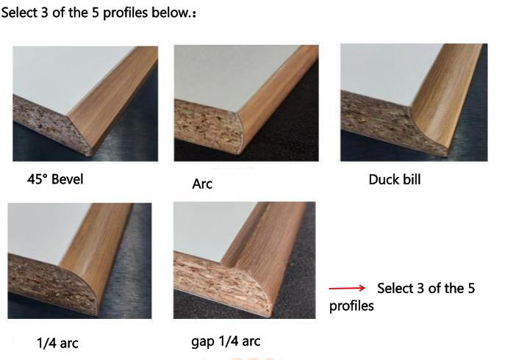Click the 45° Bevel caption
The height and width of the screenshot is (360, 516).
pyautogui.click(x=55, y=179)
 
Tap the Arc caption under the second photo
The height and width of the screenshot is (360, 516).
pyautogui.click(x=202, y=184)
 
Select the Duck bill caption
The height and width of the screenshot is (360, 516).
pyautogui.click(x=395, y=180)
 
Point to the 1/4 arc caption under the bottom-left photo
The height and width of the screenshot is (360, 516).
pyautogui.click(x=57, y=343)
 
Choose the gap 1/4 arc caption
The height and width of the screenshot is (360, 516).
pyautogui.click(x=226, y=341)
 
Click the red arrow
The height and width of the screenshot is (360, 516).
pyautogui.click(x=347, y=288)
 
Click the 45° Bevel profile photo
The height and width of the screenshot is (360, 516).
pyautogui.click(x=85, y=104)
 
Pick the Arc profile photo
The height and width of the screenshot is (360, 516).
pyautogui.click(x=246, y=103)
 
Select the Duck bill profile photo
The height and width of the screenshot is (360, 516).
pyautogui.click(x=414, y=102)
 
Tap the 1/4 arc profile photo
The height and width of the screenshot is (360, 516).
pyautogui.click(x=79, y=261)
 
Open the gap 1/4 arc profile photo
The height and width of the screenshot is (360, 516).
pyautogui.click(x=245, y=260)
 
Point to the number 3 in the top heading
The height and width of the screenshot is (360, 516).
pyautogui.click(x=45, y=12)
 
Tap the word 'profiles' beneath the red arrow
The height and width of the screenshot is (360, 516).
pyautogui.click(x=351, y=306)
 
